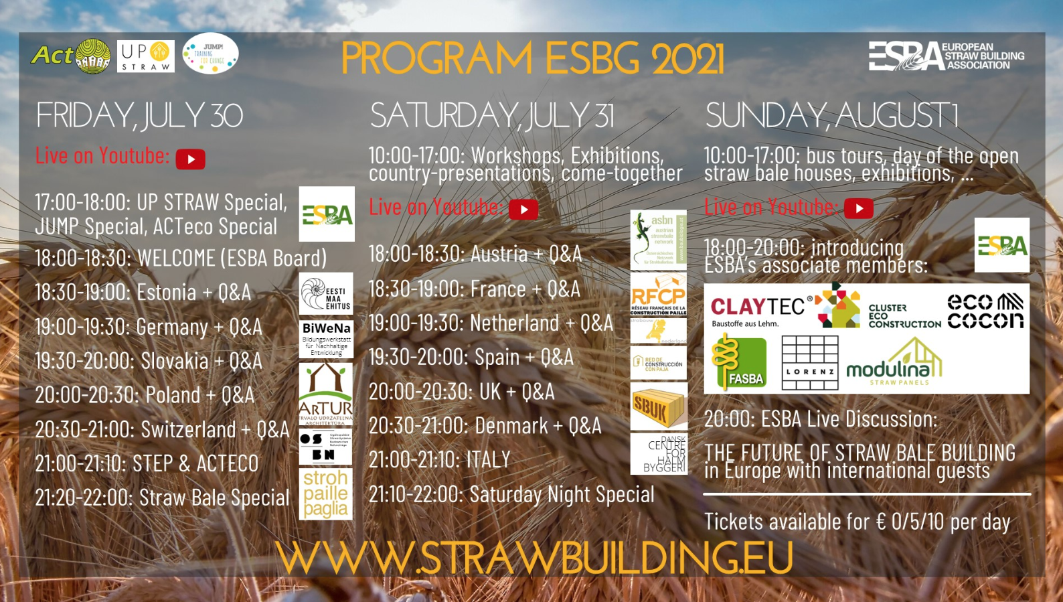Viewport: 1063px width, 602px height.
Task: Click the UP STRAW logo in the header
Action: [146, 56]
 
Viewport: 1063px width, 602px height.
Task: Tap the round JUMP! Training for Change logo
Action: [210, 54]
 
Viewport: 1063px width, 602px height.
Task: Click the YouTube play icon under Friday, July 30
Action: [191, 159]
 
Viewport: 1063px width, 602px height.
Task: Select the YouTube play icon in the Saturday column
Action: [523, 210]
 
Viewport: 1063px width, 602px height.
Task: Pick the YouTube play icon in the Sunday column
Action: [859, 208]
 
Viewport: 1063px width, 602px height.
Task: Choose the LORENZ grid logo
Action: [810, 362]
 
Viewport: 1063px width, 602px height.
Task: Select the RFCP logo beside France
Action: [659, 295]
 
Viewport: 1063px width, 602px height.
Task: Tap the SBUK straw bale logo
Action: [659, 406]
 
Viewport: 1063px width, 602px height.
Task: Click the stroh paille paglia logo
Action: [325, 494]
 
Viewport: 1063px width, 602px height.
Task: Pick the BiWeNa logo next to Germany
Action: [326, 339]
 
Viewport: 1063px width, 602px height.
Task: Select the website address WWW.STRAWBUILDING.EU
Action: [534, 558]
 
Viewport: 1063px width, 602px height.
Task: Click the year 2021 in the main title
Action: [687, 59]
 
